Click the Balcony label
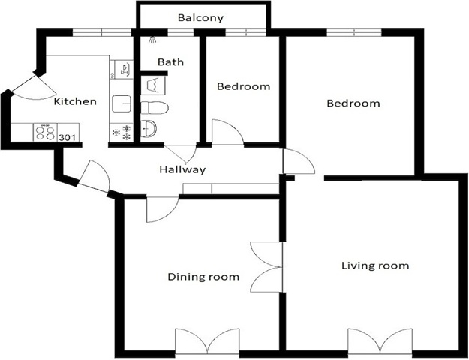pos(200,18)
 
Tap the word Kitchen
pos(75,101)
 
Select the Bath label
pos(170,62)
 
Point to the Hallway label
pos(182,169)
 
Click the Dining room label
pos(203,277)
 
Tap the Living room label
pos(375,265)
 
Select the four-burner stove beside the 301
pos(45,132)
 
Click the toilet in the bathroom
pos(155,108)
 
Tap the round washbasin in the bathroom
pos(149,128)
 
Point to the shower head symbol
pos(152,40)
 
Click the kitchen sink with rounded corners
pos(122,103)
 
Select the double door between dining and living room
pos(266,267)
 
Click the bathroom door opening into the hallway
pos(181,154)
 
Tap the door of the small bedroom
pos(227,132)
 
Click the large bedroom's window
pos(354,32)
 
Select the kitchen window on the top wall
pos(102,32)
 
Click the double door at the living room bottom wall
pos(380,341)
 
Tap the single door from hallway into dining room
pos(162,209)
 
